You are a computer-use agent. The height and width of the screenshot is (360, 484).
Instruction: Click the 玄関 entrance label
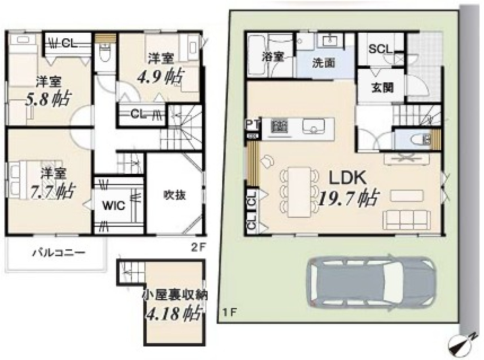[382, 88]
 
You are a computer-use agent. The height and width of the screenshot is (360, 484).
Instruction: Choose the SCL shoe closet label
[380, 49]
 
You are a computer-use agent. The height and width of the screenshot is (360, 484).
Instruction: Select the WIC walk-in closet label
[114, 205]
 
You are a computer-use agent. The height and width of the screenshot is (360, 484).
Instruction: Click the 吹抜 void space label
[175, 195]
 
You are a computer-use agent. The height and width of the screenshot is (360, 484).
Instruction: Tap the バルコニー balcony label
[59, 253]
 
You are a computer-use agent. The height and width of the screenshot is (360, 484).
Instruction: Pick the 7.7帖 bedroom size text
[53, 192]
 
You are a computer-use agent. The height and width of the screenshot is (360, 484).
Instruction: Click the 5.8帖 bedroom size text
[48, 98]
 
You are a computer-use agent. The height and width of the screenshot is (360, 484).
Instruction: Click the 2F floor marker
[198, 248]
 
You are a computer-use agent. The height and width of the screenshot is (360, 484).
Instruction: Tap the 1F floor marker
[229, 313]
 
